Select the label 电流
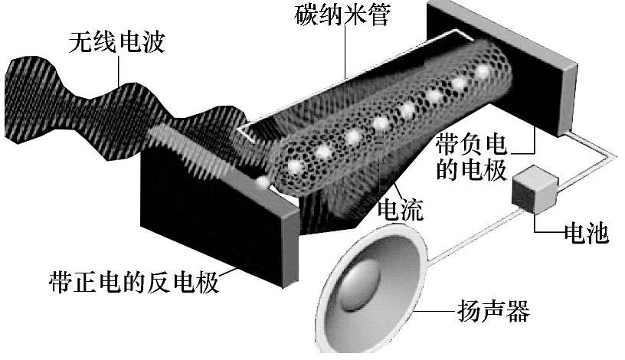401,209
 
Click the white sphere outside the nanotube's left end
262,183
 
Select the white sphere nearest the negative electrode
483,72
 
